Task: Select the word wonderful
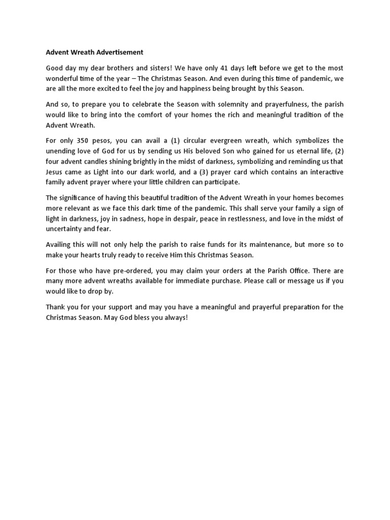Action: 63,78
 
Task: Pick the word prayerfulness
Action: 285,105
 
